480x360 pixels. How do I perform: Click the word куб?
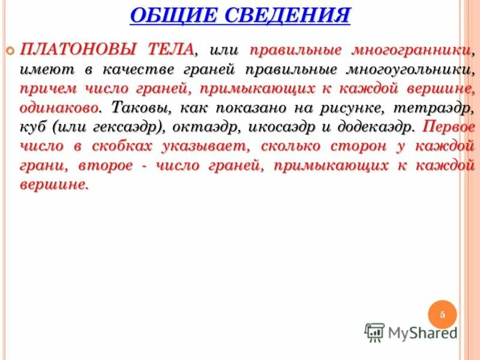[34, 128]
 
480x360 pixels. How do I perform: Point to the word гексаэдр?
[133, 128]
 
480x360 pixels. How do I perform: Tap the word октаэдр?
[204, 128]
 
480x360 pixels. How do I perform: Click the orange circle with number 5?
[442, 314]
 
